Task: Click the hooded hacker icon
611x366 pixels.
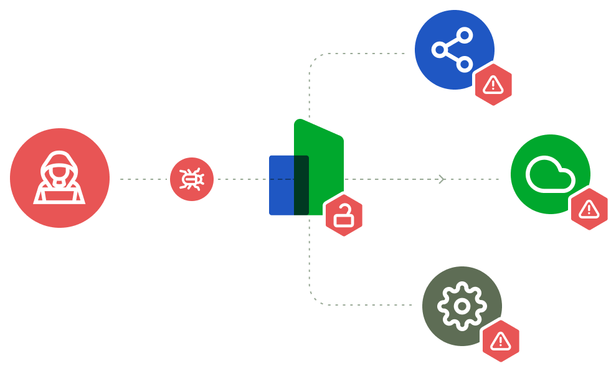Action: tap(59, 178)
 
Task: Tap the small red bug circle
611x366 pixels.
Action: tap(192, 179)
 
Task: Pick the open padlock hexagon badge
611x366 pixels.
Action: tap(344, 215)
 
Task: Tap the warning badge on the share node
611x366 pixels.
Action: tap(493, 85)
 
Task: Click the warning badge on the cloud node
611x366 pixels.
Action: tap(589, 210)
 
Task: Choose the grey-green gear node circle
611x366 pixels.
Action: tap(462, 306)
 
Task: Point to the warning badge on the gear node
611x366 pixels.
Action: tap(501, 341)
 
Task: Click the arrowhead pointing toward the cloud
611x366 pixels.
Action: tap(442, 179)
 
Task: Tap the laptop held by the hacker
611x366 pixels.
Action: tap(59, 194)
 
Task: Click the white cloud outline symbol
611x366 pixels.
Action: tap(549, 175)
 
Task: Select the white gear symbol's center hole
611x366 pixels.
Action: tap(462, 306)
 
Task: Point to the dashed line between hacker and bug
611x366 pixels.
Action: tap(143, 179)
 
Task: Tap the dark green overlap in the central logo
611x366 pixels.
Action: tap(301, 185)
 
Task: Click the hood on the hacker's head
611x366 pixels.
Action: tap(59, 159)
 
